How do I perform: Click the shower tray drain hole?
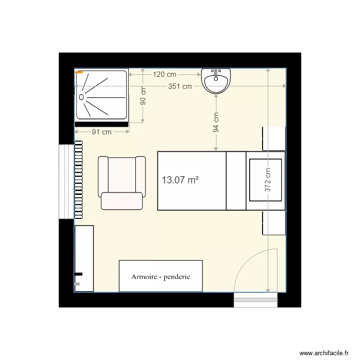click(82, 96)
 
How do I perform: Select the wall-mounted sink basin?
click(216, 81)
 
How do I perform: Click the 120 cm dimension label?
click(165, 74)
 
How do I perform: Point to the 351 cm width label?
click(180, 86)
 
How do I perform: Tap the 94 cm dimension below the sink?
click(216, 122)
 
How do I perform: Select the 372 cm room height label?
click(268, 180)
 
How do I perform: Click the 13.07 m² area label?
click(180, 180)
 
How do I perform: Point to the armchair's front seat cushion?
click(122, 201)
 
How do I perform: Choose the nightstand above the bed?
click(274, 139)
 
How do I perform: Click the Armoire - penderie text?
click(161, 276)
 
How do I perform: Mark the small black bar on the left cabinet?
click(78, 274)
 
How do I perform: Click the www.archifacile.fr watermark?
click(324, 352)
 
